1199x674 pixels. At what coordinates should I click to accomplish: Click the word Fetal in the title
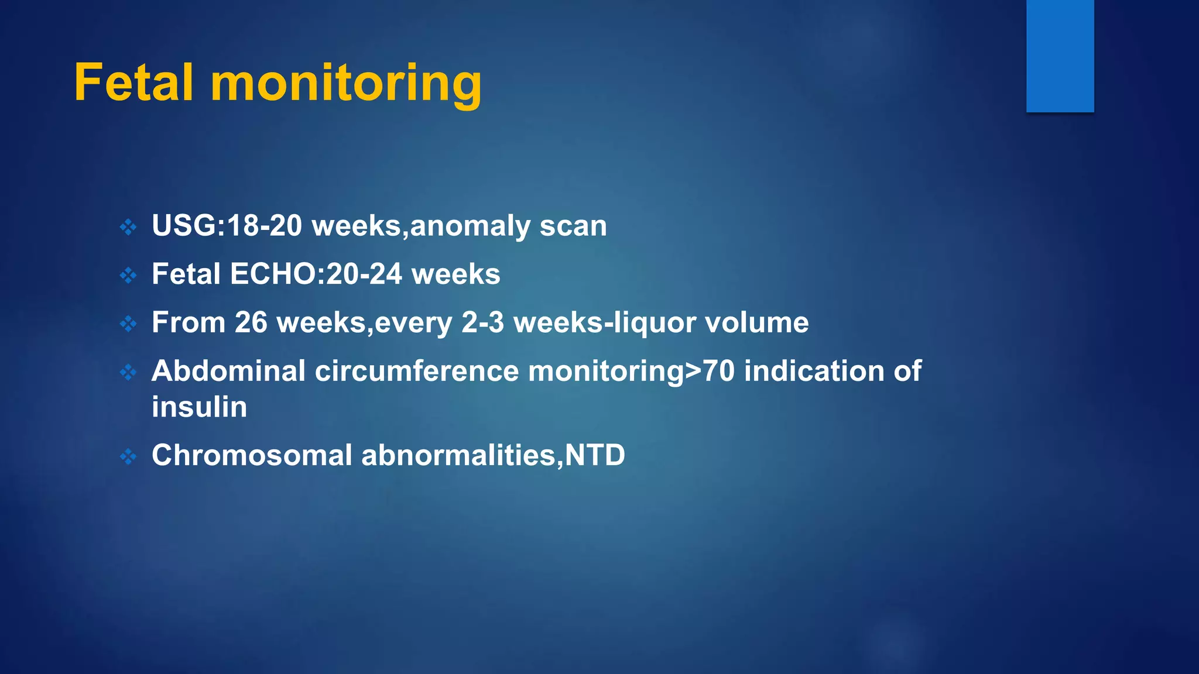pos(133,83)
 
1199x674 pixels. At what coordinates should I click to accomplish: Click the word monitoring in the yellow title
pos(346,85)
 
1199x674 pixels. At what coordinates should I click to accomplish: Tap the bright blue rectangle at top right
pos(1060,56)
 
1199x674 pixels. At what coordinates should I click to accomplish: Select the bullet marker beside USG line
pos(128,227)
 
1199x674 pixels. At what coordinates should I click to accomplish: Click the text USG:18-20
pos(227,226)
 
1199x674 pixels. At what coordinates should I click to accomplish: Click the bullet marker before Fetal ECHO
pos(128,275)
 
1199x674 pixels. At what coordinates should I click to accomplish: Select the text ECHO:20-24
pos(316,274)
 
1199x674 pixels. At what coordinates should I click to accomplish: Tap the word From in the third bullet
pos(189,322)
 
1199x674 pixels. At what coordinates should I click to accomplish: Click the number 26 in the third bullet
pos(251,322)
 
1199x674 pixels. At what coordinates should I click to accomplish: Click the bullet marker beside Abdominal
pos(128,372)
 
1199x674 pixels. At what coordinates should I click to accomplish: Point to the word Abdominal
pos(228,371)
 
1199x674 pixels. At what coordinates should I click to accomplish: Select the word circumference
pos(417,371)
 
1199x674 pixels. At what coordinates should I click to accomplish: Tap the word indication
pos(814,371)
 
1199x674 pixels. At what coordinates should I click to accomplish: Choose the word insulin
pos(199,407)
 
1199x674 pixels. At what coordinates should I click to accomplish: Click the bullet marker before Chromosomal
pos(128,456)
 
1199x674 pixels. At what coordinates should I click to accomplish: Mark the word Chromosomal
pos(252,455)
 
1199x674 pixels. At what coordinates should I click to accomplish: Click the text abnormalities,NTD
pos(493,456)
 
